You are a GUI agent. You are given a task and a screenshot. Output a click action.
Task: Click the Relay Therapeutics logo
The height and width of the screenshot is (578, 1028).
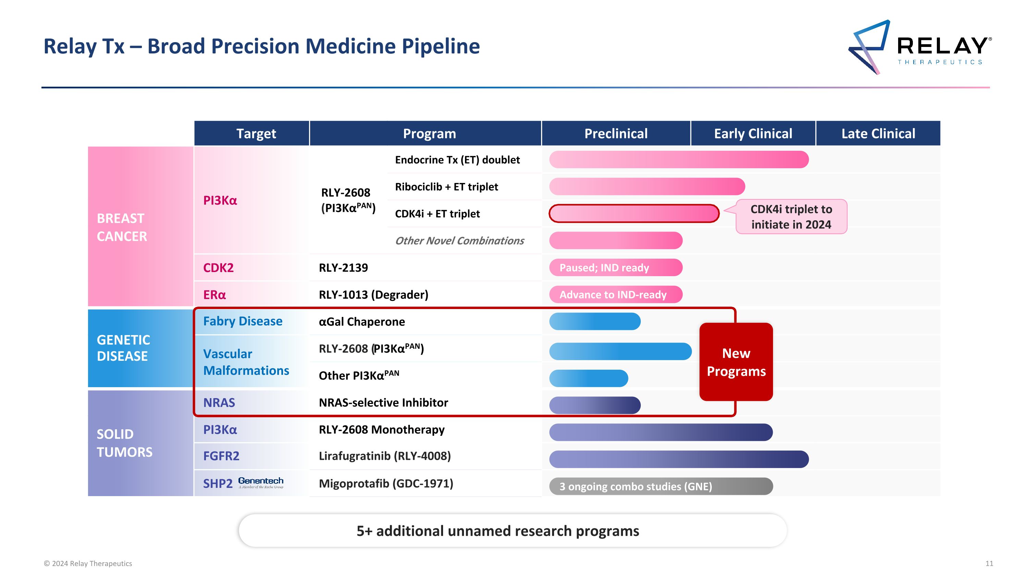[919, 47]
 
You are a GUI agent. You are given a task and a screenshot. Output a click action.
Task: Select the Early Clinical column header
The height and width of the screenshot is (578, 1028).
[752, 134]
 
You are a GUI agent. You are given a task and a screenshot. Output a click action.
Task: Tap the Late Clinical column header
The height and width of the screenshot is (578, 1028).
[878, 134]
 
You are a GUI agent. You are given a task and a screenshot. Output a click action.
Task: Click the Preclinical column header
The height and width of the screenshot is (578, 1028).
[616, 134]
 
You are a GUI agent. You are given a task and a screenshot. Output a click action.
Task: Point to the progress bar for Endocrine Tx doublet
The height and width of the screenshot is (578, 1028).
[678, 160]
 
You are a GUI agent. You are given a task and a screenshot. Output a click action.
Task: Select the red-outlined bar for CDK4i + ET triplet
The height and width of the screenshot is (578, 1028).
[634, 213]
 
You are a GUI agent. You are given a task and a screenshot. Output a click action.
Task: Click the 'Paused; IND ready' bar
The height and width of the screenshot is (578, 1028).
[615, 268]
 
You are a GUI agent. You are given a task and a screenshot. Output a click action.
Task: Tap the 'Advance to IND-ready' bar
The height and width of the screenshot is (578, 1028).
[615, 295]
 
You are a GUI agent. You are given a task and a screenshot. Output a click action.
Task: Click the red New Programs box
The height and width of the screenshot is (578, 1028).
[736, 362]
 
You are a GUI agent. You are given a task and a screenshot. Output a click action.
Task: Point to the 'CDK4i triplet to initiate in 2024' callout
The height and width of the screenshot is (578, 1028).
[791, 217]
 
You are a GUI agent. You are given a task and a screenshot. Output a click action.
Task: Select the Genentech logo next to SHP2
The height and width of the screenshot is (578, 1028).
[260, 482]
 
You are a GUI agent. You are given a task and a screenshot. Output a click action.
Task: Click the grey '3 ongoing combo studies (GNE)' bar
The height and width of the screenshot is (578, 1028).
[660, 486]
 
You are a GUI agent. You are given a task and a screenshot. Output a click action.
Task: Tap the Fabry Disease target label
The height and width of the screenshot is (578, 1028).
[243, 321]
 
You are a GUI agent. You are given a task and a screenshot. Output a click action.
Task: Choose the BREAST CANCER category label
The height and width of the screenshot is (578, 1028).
[122, 227]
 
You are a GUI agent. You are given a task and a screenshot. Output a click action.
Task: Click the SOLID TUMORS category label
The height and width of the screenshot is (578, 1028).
[124, 443]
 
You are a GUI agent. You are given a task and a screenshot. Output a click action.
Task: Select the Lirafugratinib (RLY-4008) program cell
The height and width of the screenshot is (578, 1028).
[385, 456]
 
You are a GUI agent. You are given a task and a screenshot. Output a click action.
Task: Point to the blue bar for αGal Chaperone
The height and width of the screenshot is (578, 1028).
[595, 321]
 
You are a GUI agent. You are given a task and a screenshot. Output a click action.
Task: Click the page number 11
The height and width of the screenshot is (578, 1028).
[989, 563]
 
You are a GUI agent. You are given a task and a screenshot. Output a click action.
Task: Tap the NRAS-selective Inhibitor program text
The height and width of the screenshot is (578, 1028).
[383, 403]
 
